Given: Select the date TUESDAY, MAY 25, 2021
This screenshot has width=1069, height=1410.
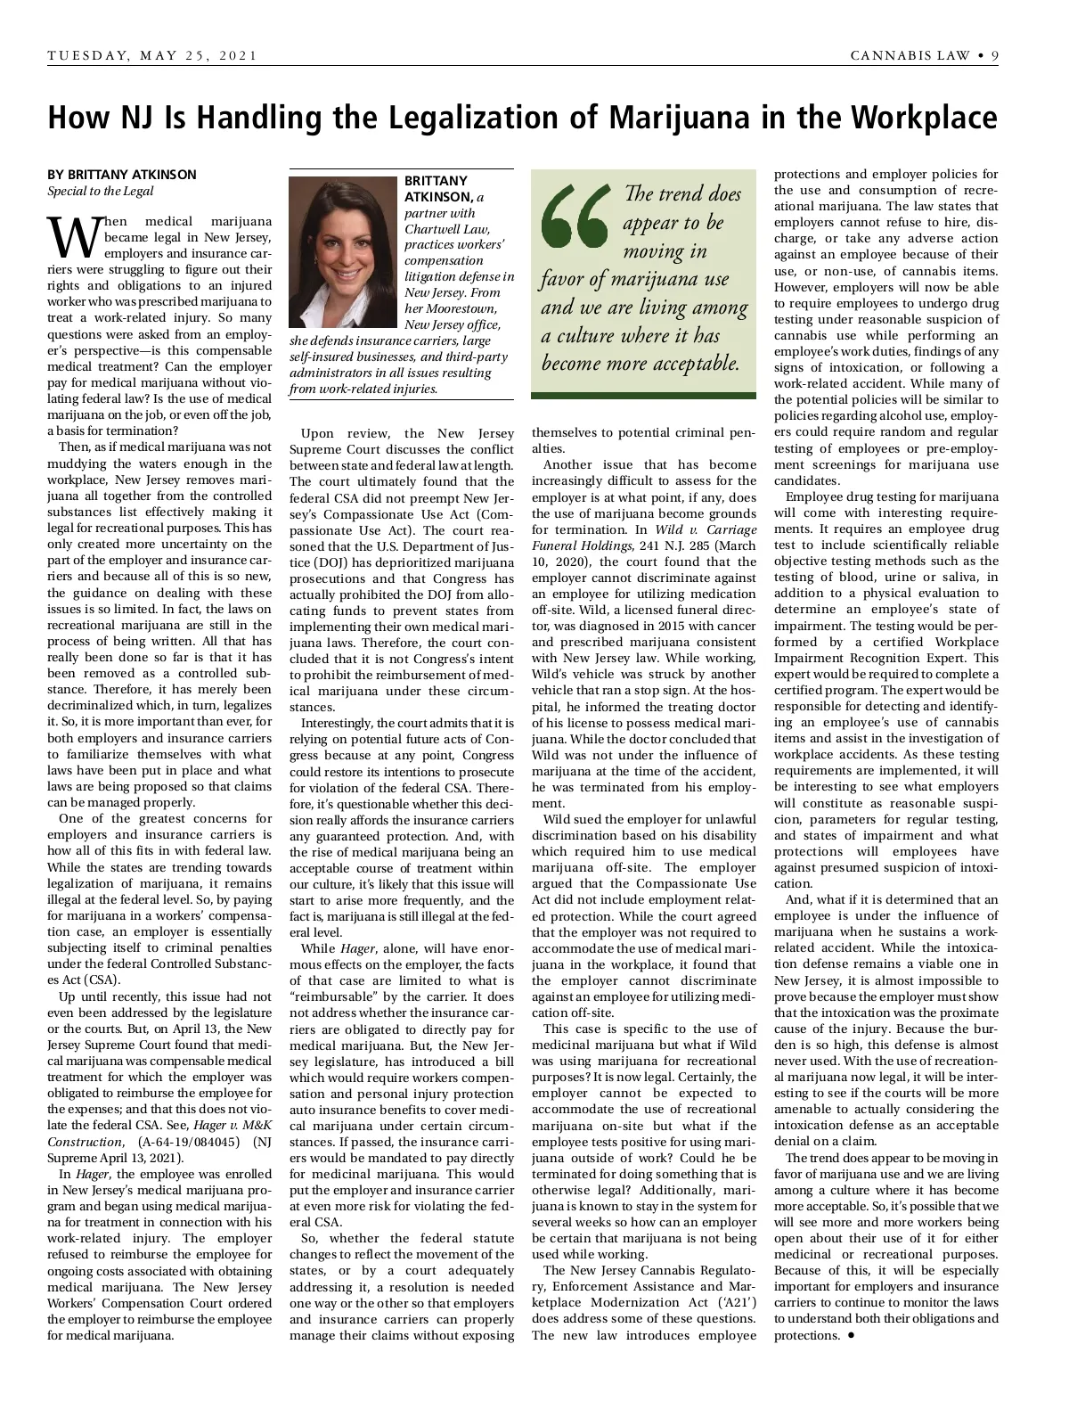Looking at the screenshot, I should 152,56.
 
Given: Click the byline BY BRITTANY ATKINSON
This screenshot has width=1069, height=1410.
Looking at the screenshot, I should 122,175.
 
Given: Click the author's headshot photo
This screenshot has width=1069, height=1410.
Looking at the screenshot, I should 342,252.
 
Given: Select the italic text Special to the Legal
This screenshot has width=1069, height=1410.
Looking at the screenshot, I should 101,191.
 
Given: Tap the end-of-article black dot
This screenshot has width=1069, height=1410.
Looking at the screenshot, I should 852,1335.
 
